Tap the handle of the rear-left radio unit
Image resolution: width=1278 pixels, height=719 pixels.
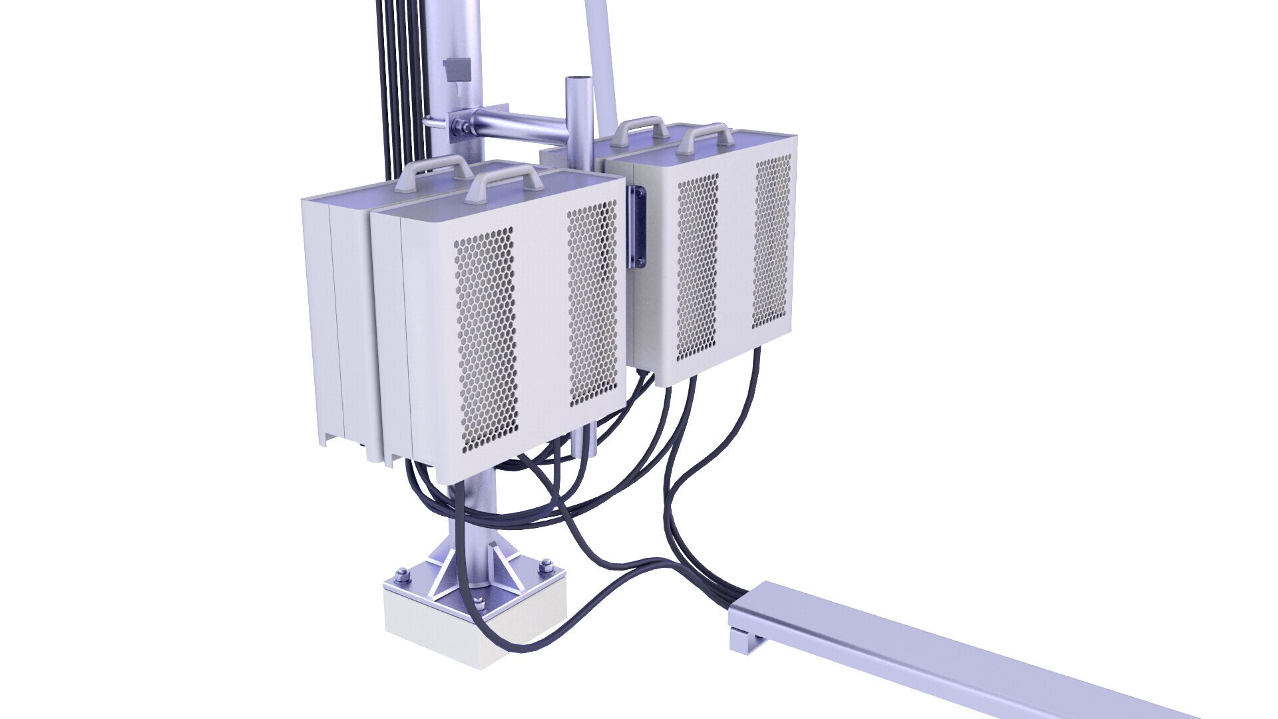tap(433, 166)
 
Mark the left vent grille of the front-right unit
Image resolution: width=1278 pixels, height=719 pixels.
tap(697, 266)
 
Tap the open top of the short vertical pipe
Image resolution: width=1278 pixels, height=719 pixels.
tap(578, 81)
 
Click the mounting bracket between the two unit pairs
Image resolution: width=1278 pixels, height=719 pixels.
tap(637, 226)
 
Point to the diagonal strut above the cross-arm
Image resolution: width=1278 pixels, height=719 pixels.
tap(602, 60)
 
